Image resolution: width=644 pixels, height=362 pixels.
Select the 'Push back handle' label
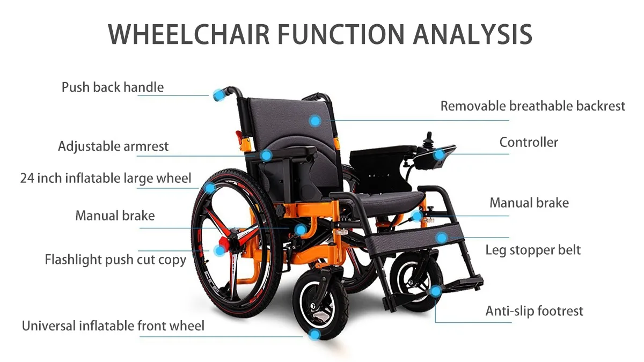(113, 87)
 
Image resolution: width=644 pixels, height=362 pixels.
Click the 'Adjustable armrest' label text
(113, 146)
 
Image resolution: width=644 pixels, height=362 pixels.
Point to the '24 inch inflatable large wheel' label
(106, 178)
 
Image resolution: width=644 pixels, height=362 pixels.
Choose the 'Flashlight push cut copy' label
(115, 260)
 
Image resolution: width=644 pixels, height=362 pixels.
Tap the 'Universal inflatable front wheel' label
(113, 326)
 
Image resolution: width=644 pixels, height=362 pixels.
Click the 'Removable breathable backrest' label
(532, 106)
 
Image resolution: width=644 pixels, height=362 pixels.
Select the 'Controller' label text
(529, 142)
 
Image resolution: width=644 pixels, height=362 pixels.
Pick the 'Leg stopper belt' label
(533, 250)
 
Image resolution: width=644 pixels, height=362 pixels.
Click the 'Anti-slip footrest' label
(534, 311)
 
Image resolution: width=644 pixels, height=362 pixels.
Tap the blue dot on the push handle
(218, 95)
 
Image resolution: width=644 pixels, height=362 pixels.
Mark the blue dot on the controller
(439, 154)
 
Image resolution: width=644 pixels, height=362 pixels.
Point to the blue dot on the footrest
(436, 291)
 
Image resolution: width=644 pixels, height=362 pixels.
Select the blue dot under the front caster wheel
(315, 335)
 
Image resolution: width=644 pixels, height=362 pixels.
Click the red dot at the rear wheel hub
(219, 250)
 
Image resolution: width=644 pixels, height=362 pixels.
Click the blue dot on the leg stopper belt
(441, 237)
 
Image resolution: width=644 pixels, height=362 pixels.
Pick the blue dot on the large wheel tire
(210, 187)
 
